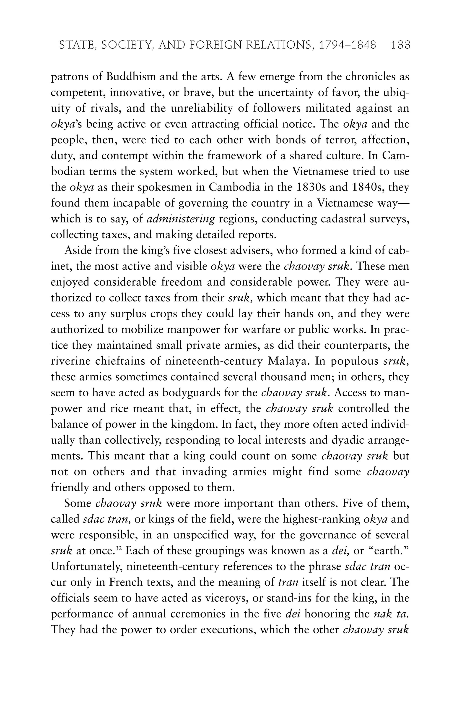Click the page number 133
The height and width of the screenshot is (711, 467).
[x=401, y=45]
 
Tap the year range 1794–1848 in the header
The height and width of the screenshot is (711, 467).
[x=348, y=45]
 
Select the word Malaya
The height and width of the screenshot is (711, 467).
[x=289, y=361]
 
